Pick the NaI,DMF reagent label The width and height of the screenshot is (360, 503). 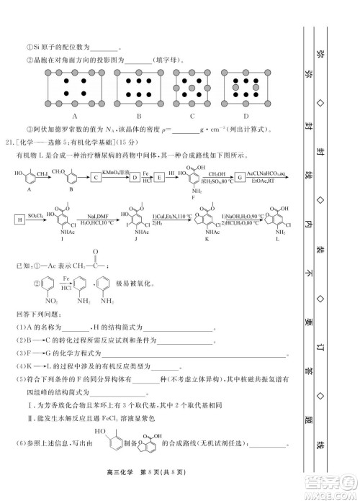tap(99, 214)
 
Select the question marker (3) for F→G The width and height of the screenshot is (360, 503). tap(22, 353)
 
